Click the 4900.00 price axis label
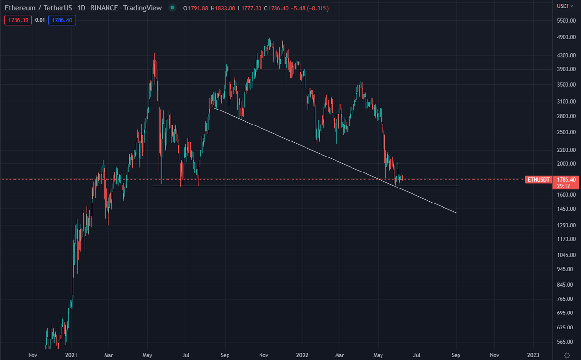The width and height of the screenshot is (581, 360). click(565, 37)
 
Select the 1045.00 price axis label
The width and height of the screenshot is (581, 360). click(565, 255)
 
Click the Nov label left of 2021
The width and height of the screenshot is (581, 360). click(32, 354)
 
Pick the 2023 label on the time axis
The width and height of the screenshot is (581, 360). click(533, 354)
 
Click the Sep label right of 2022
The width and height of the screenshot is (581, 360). click(456, 354)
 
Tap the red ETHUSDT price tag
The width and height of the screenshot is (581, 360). click(538, 180)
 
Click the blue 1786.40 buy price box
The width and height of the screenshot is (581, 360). click(62, 20)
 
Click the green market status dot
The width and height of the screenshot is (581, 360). click(172, 8)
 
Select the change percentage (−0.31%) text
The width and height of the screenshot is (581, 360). click(301, 8)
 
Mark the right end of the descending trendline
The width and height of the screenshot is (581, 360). click(456, 213)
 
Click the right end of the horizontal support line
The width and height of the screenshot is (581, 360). click(458, 186)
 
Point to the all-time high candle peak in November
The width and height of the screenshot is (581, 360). click(269, 39)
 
